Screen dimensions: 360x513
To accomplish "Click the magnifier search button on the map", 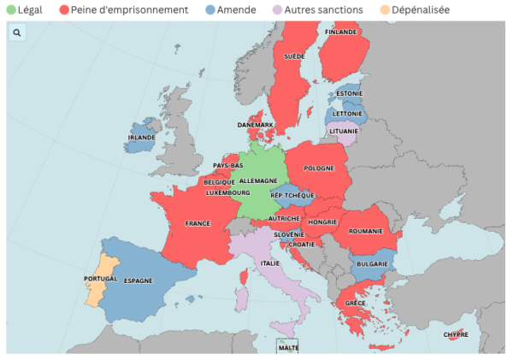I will point(17,32).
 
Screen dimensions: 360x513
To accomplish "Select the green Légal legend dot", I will point(10,9).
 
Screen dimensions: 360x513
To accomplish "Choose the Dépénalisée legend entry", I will point(421,9).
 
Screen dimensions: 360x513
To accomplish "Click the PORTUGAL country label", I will point(100,279).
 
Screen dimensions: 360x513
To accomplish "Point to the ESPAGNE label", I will point(138,280).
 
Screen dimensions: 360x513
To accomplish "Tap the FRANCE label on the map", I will point(198,224).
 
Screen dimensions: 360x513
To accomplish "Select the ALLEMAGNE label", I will point(258,181).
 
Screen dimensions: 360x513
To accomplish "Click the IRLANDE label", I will point(141,137).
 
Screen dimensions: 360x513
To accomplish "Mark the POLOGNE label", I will point(319,168).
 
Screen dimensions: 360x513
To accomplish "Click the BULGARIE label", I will point(373,264).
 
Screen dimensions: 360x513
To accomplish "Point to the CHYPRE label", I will point(455,334).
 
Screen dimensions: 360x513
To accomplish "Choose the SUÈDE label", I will point(294,56).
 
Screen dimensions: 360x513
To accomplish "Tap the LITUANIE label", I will point(345,132).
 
